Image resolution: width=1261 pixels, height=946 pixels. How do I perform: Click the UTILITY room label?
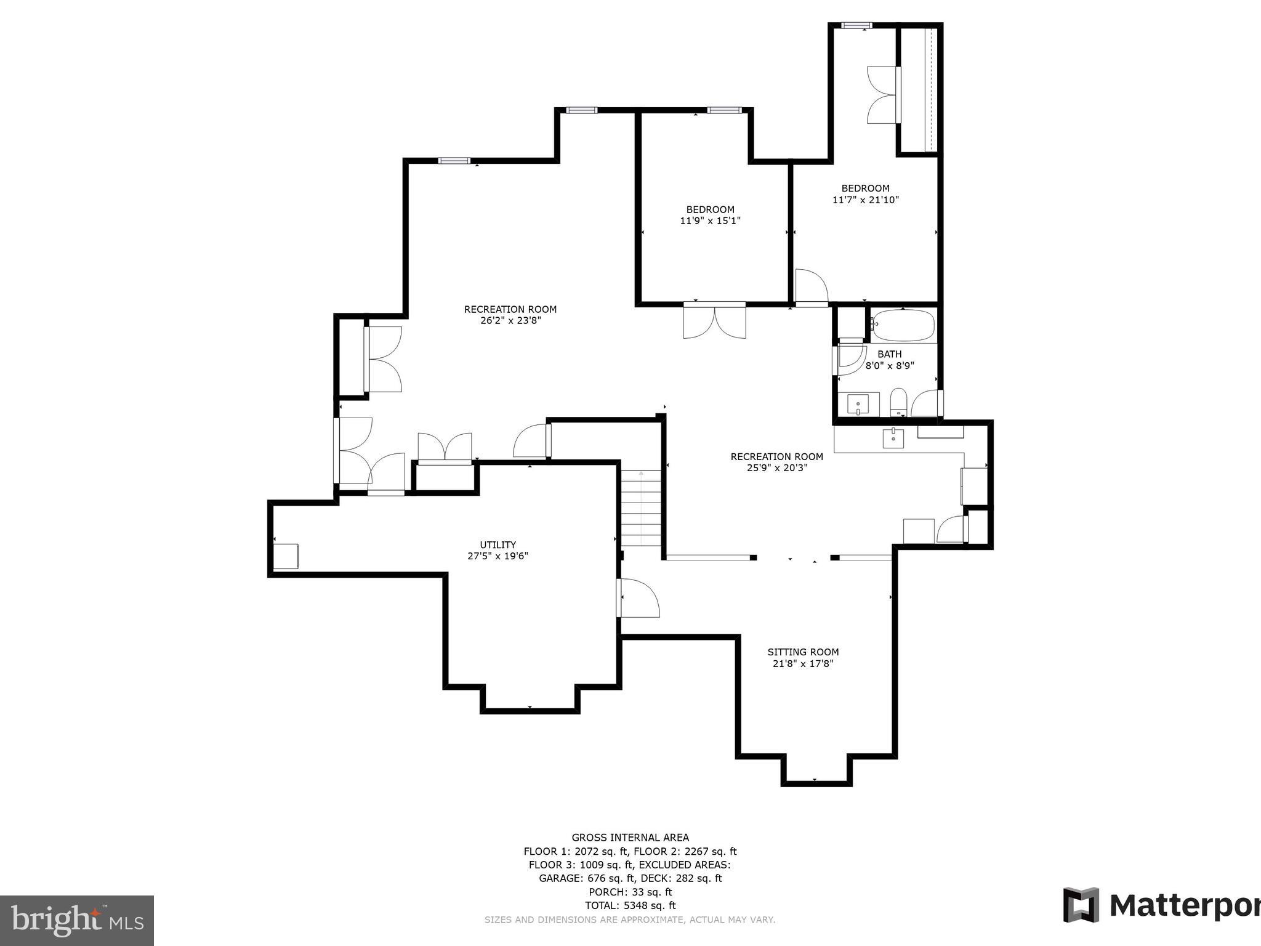click(x=498, y=544)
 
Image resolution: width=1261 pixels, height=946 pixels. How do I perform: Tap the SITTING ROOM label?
click(x=803, y=652)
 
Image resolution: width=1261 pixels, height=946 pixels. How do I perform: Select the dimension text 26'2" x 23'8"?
click(x=510, y=320)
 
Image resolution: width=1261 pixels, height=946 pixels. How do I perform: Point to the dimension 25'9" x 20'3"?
click(x=776, y=467)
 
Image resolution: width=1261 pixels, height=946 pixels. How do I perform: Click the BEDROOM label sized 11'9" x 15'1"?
click(x=710, y=209)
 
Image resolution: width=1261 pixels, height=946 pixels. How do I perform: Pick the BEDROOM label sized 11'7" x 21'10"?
click(x=865, y=188)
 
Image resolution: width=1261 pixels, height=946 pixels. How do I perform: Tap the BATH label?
click(x=889, y=354)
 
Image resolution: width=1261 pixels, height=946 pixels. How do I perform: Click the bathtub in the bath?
click(x=903, y=325)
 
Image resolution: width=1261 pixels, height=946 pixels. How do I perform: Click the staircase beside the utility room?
click(x=640, y=508)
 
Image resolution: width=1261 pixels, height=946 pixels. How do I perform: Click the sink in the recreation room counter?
click(x=893, y=439)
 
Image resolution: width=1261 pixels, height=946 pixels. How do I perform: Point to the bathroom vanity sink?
click(x=858, y=405)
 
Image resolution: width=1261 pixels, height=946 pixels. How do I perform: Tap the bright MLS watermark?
click(x=76, y=920)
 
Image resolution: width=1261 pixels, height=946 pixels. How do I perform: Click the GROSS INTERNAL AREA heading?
click(x=630, y=838)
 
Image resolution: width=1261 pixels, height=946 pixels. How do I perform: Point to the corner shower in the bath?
click(x=851, y=359)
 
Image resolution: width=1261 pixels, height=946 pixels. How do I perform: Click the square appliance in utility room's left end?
click(x=286, y=556)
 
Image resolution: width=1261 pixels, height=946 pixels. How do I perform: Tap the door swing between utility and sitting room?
click(x=639, y=597)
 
